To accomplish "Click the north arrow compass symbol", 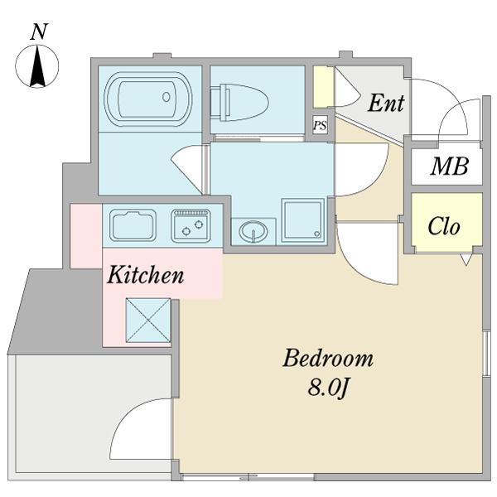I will [38, 65].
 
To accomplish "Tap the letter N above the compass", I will [38, 31].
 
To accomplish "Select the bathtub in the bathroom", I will [149, 99].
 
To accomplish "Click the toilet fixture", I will [241, 104].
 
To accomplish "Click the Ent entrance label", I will [386, 104].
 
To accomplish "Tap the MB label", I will [449, 166].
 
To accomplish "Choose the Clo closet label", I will [444, 226].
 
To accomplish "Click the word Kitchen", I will [145, 275].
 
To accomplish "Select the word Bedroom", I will [327, 359].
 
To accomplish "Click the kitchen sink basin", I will [133, 225].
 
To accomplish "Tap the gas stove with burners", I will [191, 225].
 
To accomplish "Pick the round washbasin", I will [253, 231].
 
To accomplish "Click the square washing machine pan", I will [302, 220].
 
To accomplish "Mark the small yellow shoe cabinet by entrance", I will [323, 85].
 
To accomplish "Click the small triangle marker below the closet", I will [466, 259].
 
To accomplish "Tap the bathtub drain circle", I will [166, 97].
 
